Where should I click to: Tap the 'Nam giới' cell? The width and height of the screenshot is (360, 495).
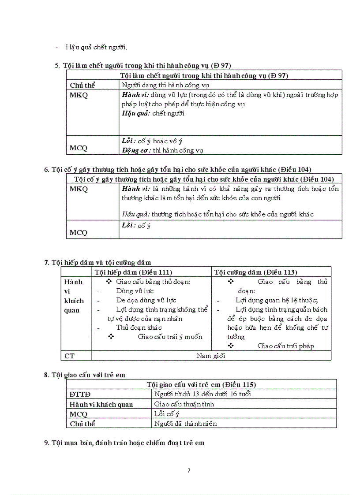pos(211,355)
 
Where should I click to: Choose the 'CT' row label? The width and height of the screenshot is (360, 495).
pos(69,355)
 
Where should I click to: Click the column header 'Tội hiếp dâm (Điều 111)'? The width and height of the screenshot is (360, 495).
pos(133,272)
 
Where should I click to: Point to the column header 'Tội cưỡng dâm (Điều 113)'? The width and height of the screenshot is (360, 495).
pos(255,272)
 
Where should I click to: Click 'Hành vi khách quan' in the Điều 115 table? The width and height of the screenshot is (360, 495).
pos(101,404)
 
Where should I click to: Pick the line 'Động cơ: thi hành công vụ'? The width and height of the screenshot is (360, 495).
pos(162,150)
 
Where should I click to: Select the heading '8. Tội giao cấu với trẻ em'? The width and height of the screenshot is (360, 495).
pos(85,375)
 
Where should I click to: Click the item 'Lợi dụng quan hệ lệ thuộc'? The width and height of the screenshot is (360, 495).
pos(277,300)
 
